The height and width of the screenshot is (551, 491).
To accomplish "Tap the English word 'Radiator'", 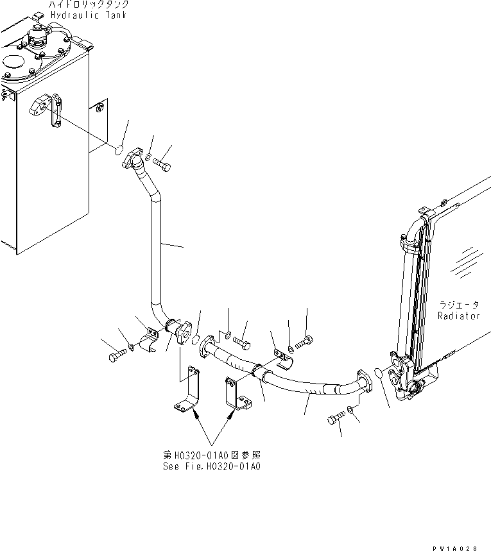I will point(458,316).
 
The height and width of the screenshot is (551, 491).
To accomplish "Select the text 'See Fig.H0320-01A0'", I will point(212,466).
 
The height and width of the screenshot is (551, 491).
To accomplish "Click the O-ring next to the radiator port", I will point(379,374).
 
